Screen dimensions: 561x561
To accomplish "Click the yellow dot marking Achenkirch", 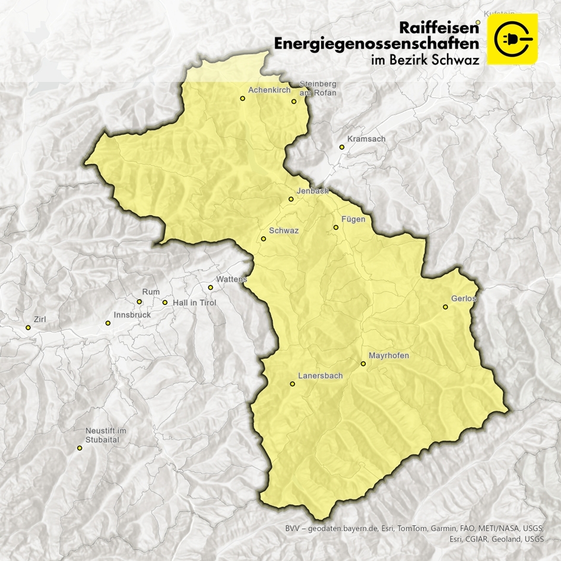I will point(242,99).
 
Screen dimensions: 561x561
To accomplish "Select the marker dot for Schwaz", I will point(264,239).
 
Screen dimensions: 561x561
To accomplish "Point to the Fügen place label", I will point(353,219).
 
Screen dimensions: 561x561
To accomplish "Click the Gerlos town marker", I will point(445,307).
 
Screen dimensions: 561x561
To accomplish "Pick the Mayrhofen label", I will point(389,356).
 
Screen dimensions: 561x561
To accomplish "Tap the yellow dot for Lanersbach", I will point(292,384).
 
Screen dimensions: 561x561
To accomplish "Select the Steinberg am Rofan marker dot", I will point(294,102).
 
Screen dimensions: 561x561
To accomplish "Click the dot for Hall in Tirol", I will point(165,303).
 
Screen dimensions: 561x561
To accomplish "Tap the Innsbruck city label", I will point(132,315).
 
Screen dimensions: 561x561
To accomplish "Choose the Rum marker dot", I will point(140,302).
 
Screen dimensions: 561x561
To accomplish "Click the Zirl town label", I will point(40,319).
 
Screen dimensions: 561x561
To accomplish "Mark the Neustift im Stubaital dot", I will point(80,448).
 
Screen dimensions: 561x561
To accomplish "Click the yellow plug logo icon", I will point(512,39).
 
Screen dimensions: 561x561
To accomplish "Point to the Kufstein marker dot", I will point(477,23).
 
